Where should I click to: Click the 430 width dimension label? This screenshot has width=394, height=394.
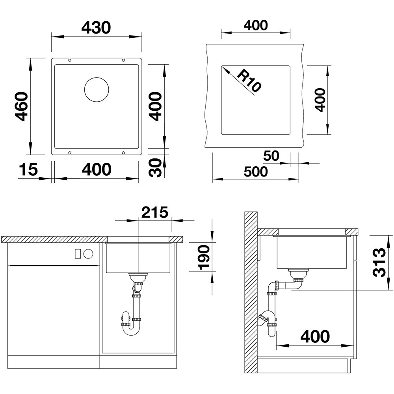(96, 28)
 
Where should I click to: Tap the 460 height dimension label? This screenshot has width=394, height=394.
(21, 106)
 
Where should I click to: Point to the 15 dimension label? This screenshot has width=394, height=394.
(28, 169)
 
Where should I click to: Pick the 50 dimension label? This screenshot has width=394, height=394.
(271, 156)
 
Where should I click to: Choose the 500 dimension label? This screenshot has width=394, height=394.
(256, 172)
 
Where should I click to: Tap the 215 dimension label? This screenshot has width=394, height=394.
(154, 212)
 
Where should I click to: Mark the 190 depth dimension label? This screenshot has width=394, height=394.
(204, 257)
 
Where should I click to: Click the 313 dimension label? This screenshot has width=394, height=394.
(379, 262)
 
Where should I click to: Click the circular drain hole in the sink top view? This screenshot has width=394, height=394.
(97, 89)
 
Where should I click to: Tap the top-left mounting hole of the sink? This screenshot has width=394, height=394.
(70, 60)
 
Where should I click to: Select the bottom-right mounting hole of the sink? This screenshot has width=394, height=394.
(123, 152)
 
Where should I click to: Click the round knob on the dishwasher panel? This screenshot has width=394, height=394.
(88, 254)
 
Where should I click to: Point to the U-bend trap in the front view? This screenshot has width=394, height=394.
(130, 324)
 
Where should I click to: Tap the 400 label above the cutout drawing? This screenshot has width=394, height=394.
(256, 25)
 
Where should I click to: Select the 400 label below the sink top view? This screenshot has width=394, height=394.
(97, 169)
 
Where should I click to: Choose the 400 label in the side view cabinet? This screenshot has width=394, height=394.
(315, 336)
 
